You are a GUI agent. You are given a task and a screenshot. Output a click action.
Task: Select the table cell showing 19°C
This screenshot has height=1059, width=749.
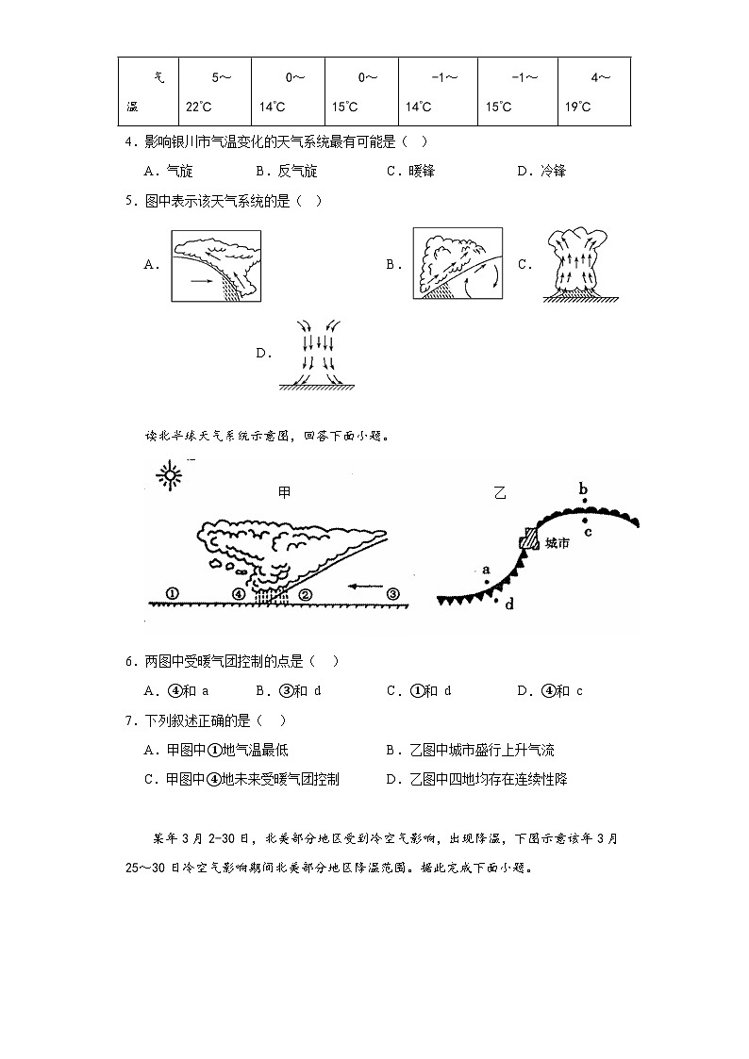pos(593,91)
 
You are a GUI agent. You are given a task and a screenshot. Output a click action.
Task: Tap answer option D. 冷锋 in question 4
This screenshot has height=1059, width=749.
pos(541,171)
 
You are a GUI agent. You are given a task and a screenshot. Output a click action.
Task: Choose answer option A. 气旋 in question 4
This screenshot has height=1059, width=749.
pos(169,171)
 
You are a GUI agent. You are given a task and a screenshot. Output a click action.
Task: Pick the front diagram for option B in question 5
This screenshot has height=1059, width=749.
pos(458,264)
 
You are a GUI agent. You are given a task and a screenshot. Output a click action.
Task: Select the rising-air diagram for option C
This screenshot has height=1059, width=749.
pos(577,265)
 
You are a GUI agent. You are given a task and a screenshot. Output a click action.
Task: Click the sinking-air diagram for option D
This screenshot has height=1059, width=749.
pos(314,354)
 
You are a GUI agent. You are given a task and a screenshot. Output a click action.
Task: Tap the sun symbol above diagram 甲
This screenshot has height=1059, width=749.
pos(170,476)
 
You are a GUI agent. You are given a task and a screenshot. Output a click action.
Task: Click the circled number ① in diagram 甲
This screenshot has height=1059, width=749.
pos(172,593)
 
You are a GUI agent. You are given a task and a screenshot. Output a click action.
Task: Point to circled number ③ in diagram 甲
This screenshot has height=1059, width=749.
pos(393,593)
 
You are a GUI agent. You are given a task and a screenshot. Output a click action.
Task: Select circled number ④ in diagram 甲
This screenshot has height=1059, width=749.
pos(239,593)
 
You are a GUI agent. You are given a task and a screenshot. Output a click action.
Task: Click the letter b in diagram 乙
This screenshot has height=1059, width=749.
pos(583,488)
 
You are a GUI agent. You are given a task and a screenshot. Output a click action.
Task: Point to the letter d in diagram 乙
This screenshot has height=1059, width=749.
pos(509,604)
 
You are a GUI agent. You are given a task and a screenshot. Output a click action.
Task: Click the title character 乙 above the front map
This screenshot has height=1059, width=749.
pos(499,492)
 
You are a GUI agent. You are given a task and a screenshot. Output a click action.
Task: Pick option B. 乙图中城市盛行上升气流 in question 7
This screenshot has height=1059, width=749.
pos(470,751)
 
